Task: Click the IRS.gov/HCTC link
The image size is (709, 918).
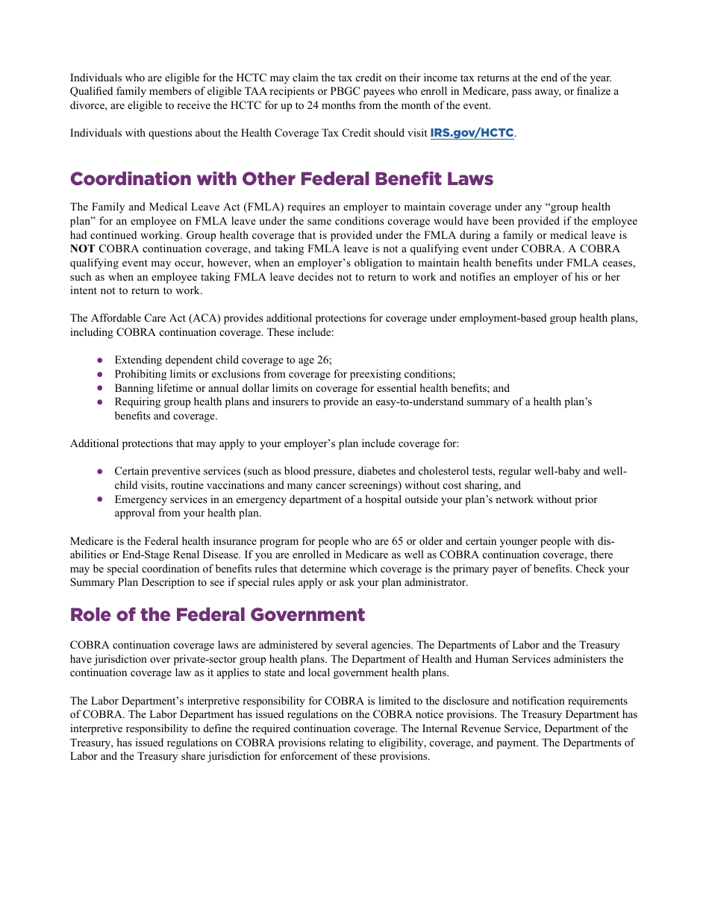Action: click(472, 133)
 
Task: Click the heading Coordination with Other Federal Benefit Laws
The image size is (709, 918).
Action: click(281, 179)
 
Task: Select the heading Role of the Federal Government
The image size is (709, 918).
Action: click(217, 615)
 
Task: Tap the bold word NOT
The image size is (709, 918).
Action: click(82, 249)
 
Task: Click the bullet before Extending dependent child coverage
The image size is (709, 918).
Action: click(99, 360)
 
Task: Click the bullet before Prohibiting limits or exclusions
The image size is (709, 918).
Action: click(99, 374)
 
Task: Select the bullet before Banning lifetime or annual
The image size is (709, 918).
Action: click(99, 388)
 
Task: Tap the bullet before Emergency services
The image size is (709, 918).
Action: click(99, 499)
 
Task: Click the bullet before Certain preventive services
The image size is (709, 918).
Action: click(99, 472)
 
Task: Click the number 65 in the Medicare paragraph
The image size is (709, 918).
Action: click(403, 541)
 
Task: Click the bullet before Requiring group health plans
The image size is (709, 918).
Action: click(99, 402)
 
